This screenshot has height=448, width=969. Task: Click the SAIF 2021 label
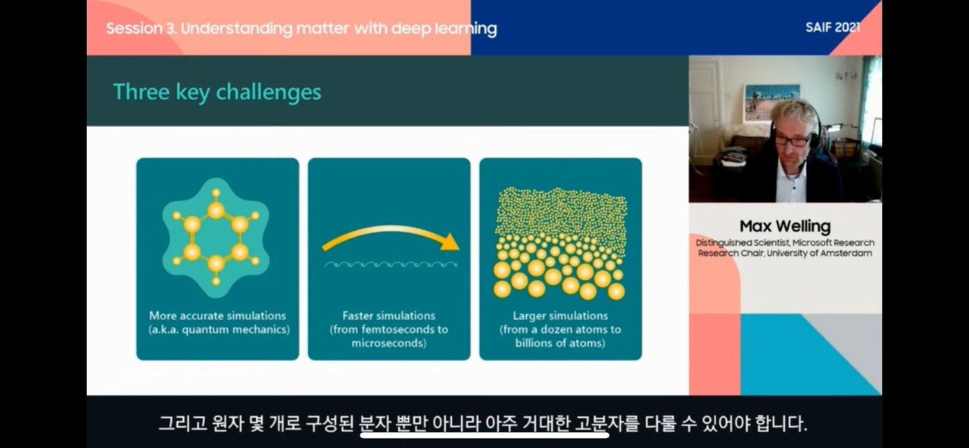832,27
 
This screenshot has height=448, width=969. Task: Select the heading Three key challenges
217,92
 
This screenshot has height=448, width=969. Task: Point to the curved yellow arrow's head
450,242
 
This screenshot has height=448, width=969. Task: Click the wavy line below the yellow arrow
391,264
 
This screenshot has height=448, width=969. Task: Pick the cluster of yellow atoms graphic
559,242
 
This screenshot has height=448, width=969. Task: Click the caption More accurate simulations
218,316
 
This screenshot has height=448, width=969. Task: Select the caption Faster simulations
388,316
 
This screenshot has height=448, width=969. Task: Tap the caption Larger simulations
560,316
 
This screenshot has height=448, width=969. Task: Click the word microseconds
388,343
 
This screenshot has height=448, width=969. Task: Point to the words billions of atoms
560,343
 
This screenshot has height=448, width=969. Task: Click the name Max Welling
785,226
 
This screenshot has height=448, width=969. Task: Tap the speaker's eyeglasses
791,140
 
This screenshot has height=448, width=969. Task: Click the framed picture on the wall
771,101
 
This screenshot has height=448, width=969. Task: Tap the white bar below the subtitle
484,435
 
